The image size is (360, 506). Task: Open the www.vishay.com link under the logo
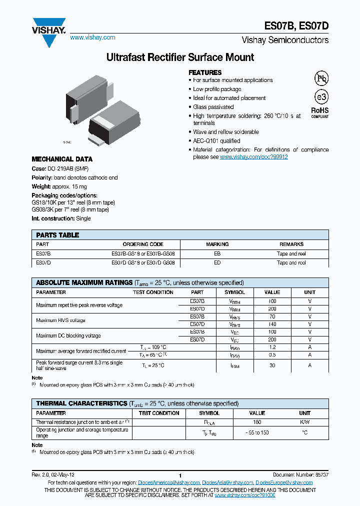coord(92,37)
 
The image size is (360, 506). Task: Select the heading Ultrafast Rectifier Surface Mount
coord(180,57)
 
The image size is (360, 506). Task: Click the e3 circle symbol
coord(321,97)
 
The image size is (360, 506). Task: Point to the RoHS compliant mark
coord(320,112)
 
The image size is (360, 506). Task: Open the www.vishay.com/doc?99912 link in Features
coord(254,157)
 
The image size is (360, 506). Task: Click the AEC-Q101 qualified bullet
coord(216,141)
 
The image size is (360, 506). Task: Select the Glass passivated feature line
coord(213,107)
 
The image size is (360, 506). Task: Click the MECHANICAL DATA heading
coord(62,159)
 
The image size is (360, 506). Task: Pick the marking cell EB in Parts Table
coord(217,253)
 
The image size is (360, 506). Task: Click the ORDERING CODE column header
coord(143,244)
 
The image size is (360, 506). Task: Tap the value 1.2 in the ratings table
coord(272,347)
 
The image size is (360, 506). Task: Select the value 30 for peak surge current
coord(272,365)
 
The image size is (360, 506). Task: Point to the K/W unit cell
coord(304,422)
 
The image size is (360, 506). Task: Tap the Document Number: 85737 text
coord(300,474)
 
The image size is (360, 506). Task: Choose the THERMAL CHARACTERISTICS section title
coord(81,403)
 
